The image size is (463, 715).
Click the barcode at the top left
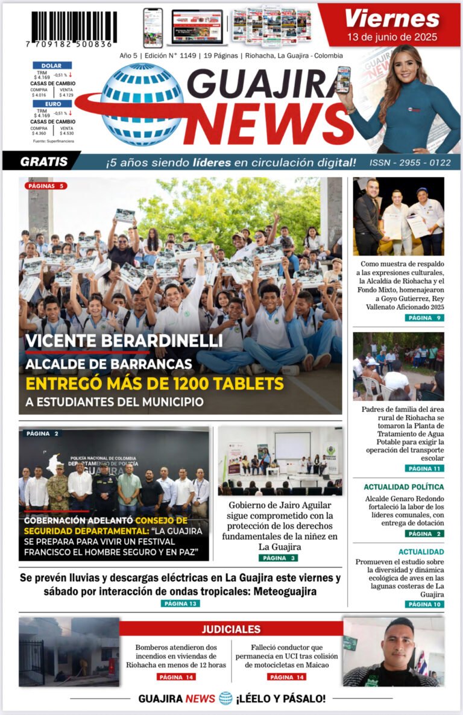point(74,28)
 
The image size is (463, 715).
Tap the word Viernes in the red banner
point(392,19)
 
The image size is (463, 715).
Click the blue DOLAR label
point(52,65)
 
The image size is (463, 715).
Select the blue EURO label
point(52,104)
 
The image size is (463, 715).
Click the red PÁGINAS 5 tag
point(46,186)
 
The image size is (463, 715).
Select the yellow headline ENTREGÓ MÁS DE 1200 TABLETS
point(154,383)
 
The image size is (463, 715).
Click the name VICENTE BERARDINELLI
point(124,341)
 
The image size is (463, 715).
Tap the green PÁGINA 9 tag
point(424,318)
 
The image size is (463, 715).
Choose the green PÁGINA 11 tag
point(424,468)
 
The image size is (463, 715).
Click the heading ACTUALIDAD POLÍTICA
point(403,487)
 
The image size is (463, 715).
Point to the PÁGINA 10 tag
point(424,604)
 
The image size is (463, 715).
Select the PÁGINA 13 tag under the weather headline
point(180,603)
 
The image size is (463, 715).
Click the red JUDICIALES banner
point(231,629)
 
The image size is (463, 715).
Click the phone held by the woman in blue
point(343,79)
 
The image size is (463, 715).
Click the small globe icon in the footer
point(225,698)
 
